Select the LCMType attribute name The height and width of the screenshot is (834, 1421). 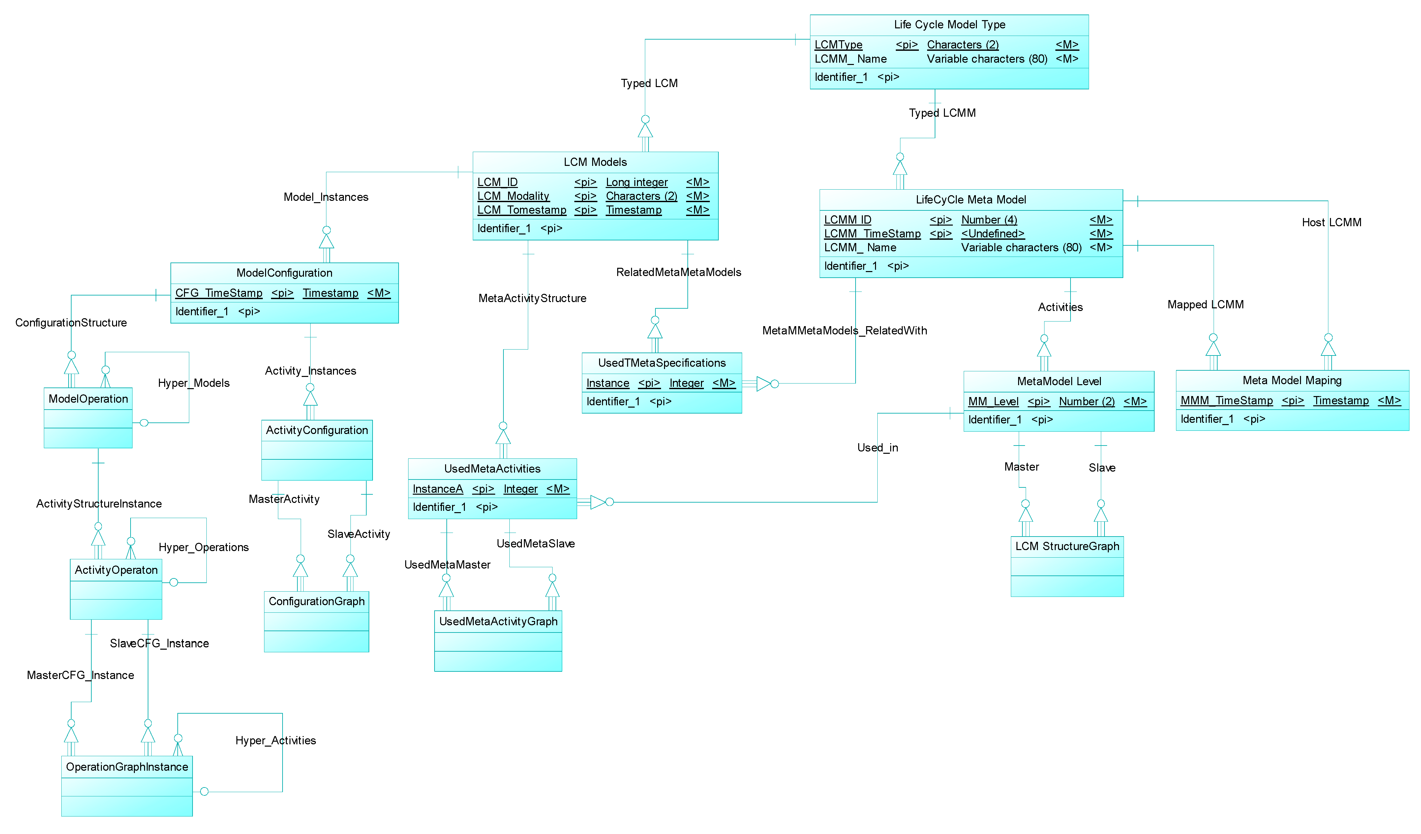838,45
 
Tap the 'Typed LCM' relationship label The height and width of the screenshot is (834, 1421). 649,83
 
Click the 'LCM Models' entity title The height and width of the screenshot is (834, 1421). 595,162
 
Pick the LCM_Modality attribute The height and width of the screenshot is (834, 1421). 513,196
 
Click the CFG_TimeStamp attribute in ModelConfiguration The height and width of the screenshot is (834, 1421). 219,293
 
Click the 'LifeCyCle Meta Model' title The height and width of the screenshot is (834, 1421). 970,200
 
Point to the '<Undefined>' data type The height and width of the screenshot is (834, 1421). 992,233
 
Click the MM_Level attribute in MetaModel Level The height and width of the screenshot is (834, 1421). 993,401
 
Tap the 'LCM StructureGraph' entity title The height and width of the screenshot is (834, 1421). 1067,546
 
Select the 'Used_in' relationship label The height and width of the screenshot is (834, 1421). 877,448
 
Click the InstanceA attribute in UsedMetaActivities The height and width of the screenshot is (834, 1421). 438,489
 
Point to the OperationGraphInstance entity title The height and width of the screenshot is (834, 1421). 127,767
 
